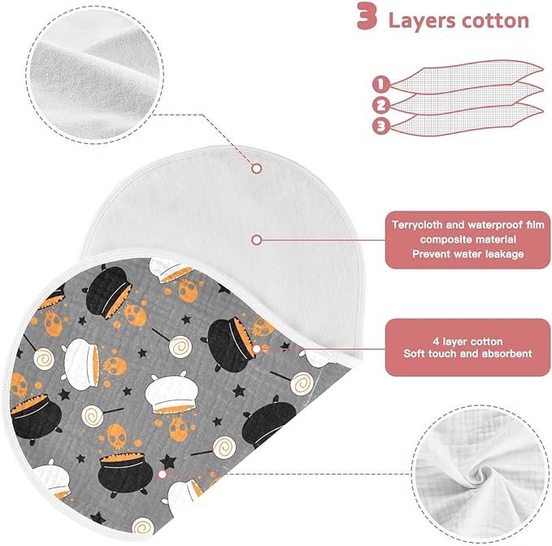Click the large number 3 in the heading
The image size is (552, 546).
tap(367, 16)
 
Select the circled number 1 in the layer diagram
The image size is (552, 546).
tap(381, 84)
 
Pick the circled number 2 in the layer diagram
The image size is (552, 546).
tap(381, 105)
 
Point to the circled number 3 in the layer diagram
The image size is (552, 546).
tap(381, 126)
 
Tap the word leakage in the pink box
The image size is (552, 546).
tap(505, 254)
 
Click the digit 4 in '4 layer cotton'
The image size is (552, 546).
tap(436, 341)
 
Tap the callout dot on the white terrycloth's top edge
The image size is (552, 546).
tap(257, 168)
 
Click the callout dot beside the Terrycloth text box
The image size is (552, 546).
tap(257, 240)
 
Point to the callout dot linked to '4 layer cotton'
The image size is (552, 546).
tap(257, 349)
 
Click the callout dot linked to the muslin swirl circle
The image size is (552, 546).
tap(163, 474)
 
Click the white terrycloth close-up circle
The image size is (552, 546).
tap(94, 74)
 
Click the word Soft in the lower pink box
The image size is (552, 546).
tap(414, 353)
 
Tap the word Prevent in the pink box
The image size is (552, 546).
tap(429, 254)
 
